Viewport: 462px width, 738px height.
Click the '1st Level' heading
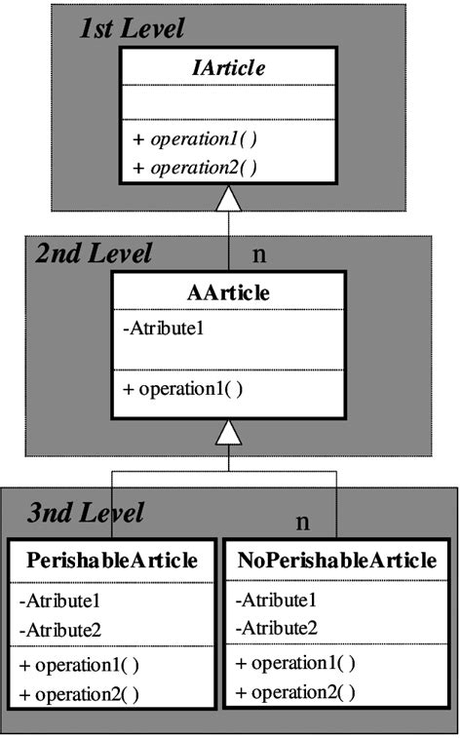click(132, 28)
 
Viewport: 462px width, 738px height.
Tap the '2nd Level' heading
click(94, 254)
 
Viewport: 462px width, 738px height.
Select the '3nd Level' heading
click(86, 512)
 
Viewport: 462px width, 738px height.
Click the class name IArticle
click(230, 68)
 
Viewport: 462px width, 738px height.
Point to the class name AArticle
click(228, 292)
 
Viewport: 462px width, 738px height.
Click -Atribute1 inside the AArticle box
click(164, 329)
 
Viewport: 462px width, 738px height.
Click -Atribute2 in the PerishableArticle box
click(59, 631)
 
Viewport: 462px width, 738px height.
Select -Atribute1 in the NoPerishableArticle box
click(276, 601)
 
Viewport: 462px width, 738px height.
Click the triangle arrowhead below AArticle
click(228, 431)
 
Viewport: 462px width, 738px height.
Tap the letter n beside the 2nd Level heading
click(259, 254)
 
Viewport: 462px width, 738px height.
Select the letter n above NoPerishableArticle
click(303, 522)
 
